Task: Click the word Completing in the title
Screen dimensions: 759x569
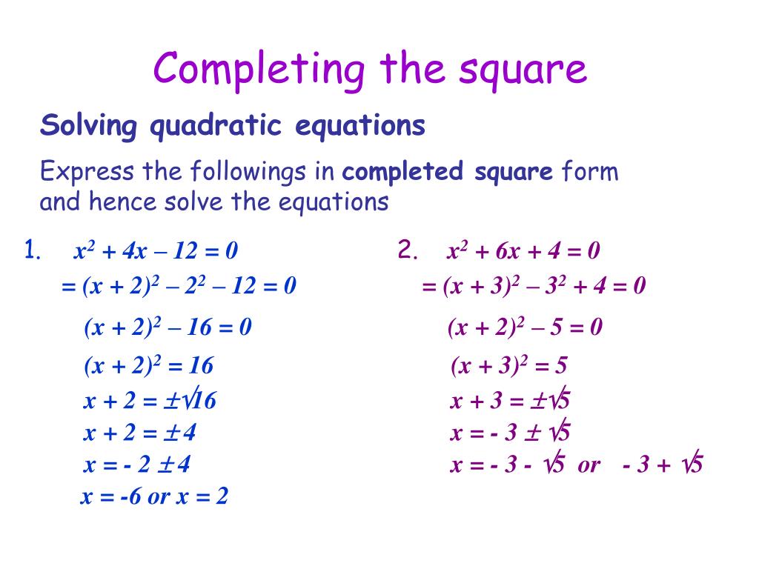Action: pos(259,70)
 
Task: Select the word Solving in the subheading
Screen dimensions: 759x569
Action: pos(89,126)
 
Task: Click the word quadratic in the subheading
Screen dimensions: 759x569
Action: pos(216,126)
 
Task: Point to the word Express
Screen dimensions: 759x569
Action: pos(87,172)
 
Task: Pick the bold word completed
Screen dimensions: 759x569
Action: pos(402,171)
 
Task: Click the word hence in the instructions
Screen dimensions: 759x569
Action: pos(122,202)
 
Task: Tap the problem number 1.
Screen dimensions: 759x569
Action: pos(33,250)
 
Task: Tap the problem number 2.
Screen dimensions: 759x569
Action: pos(407,250)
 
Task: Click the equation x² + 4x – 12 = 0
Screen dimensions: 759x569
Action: pos(156,250)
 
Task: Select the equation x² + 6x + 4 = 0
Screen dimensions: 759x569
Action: pos(523,250)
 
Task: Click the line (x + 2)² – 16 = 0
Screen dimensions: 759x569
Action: pos(168,327)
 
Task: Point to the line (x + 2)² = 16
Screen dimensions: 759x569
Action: pos(148,365)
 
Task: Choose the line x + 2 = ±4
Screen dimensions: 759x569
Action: pos(139,432)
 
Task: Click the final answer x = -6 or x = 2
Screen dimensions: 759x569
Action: pos(154,496)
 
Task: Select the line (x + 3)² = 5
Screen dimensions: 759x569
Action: pos(508,365)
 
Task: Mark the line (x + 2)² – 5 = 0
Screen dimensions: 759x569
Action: pos(526,327)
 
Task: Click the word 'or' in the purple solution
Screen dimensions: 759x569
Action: pos(589,465)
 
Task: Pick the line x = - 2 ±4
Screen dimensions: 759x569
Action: pos(136,465)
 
